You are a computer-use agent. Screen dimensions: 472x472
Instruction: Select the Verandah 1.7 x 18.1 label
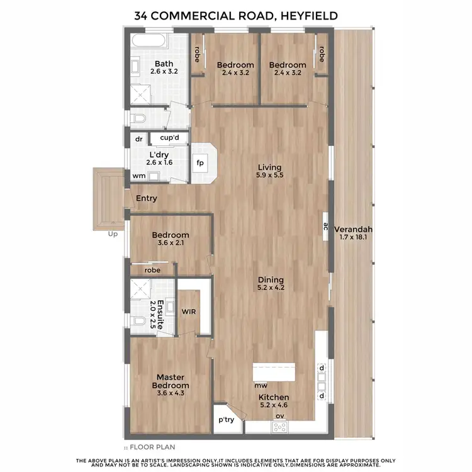[x=353, y=233]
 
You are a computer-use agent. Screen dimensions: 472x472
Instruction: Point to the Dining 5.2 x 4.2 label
[x=271, y=284]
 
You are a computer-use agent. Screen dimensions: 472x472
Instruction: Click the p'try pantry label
[x=226, y=420]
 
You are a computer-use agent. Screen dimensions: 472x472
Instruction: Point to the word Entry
[x=146, y=199]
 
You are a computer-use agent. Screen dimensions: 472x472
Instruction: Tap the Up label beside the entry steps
[x=113, y=234]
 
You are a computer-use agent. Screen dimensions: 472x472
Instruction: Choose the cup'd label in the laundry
[x=170, y=138]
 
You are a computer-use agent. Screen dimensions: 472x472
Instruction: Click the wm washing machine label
[x=138, y=176]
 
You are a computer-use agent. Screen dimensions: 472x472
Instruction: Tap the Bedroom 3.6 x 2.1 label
[x=171, y=240]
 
